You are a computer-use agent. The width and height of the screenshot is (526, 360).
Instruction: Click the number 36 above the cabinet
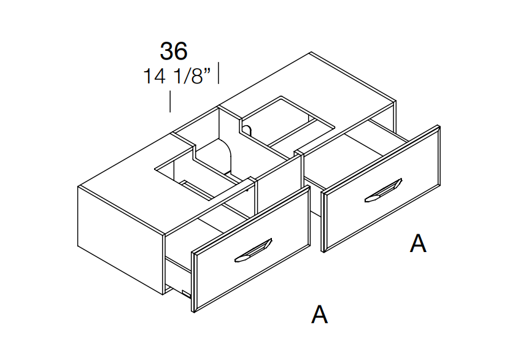coord(174,52)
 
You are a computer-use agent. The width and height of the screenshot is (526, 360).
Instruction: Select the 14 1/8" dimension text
coord(177,76)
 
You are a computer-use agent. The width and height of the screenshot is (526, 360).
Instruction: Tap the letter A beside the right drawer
coord(418,243)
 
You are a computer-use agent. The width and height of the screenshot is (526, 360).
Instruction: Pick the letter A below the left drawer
coord(319,314)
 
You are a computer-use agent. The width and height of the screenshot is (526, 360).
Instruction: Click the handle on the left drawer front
coord(253,250)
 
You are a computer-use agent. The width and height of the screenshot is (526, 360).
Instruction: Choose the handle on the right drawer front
coord(384,190)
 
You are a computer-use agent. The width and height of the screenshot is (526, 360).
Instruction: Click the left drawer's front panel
coord(251,250)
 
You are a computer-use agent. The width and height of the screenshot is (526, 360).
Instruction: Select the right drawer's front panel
coord(381,189)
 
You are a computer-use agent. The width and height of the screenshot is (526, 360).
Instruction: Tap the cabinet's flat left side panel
coord(120,240)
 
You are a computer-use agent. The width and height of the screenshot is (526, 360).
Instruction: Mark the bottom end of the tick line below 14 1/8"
coord(170,112)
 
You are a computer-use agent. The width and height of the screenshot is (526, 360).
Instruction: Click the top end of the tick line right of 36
coord(219,63)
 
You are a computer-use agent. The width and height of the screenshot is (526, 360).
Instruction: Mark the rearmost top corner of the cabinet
coord(311,52)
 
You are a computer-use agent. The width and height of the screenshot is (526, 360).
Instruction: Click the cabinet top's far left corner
coord(78,186)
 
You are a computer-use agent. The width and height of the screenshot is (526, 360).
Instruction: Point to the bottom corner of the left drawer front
coord(194,312)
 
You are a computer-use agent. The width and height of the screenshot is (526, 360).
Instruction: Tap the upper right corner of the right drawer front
coord(439,126)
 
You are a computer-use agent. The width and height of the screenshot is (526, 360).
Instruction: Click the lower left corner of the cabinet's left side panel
coord(78,246)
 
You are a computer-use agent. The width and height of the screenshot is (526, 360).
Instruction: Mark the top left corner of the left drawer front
coord(192,251)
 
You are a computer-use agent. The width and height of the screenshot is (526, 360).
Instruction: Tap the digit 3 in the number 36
coord(167,52)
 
